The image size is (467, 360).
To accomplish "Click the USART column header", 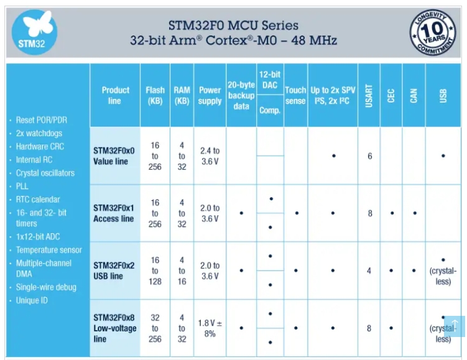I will [x=369, y=95].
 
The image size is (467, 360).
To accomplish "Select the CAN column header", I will [x=414, y=95].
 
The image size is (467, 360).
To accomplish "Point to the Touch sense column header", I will [x=295, y=95].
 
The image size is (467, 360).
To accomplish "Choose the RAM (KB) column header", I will [x=182, y=95].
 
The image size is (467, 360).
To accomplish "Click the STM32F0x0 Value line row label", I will [x=114, y=155].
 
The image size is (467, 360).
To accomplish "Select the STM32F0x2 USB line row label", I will [x=114, y=271].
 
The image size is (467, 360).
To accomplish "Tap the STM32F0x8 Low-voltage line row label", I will [x=114, y=328].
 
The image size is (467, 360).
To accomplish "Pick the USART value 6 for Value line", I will [x=369, y=156].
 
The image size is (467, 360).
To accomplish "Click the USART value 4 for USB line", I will [x=369, y=271].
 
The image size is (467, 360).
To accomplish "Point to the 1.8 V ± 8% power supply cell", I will [x=210, y=328].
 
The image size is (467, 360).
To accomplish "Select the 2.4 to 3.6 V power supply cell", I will [x=210, y=156].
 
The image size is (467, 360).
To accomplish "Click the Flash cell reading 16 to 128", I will [x=155, y=271].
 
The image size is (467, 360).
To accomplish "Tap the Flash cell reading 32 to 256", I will [x=155, y=328].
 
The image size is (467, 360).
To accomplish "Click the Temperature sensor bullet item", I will [x=49, y=250].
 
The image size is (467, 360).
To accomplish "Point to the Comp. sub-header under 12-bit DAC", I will [x=270, y=110].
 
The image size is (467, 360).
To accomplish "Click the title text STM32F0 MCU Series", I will [x=233, y=25].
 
